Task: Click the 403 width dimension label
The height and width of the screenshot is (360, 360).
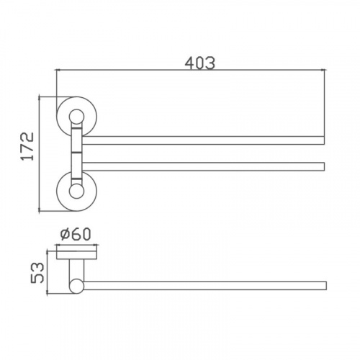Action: [x=200, y=63]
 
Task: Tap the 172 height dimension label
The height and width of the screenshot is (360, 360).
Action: [x=27, y=146]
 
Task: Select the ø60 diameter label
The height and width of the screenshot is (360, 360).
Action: [x=76, y=234]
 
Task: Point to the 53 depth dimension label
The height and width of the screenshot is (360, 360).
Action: [x=37, y=273]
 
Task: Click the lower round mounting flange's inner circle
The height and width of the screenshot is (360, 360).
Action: [x=76, y=192]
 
